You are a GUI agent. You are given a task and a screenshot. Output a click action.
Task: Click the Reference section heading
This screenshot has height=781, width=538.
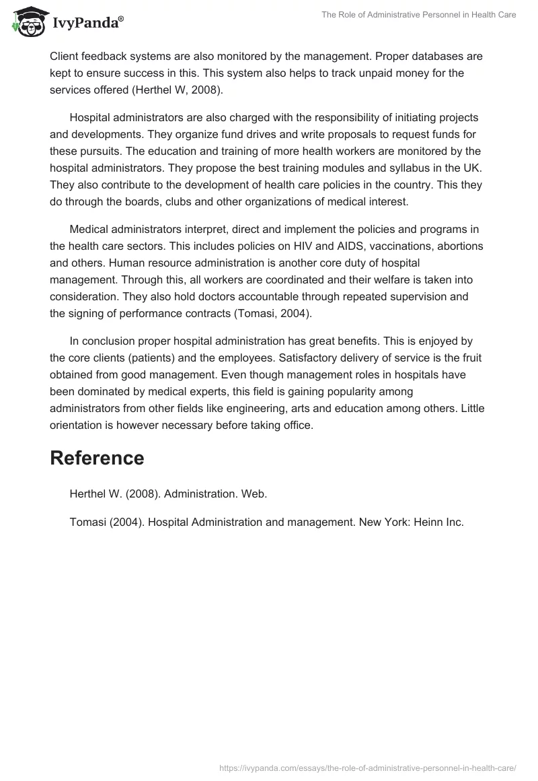(97, 458)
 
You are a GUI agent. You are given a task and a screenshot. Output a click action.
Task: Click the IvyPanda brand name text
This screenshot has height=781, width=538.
(86, 24)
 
